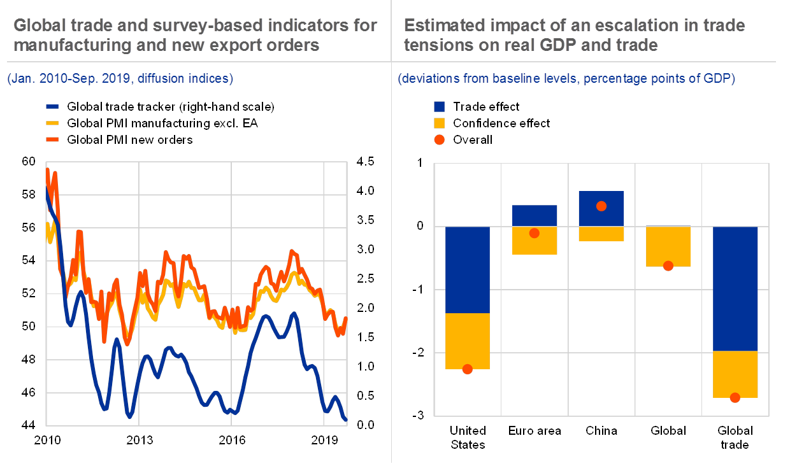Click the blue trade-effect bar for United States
pos(467,269)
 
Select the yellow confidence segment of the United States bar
pos(467,341)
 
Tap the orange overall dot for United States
pos(467,369)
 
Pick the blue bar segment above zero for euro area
pos(535,216)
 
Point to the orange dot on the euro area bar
pos(535,233)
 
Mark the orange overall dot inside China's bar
pos(601,206)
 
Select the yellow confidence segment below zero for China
pos(601,234)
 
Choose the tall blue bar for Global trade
pos(735,288)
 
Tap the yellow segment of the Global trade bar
pos(735,374)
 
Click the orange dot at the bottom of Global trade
pos(735,398)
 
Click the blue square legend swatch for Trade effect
pos(439,106)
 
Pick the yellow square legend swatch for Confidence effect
pos(439,123)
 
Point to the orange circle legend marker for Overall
pos(439,139)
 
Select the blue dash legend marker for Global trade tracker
pos(54,106)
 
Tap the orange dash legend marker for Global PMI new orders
pos(54,139)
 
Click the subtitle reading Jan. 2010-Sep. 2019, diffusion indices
pos(120,79)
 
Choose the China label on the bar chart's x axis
pos(601,431)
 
